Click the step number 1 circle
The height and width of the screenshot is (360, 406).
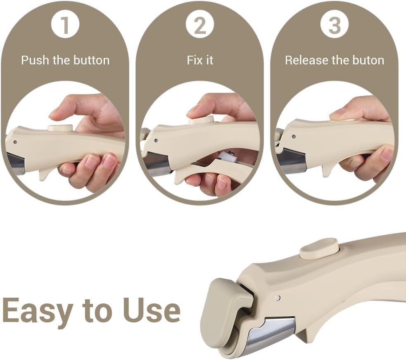click(x=65, y=26)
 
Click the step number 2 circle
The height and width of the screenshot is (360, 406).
click(x=200, y=26)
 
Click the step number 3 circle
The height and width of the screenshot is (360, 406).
click(x=335, y=26)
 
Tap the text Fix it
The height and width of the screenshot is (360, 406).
click(x=200, y=60)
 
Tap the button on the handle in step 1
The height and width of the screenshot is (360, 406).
click(x=60, y=128)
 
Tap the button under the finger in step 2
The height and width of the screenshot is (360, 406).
click(x=201, y=120)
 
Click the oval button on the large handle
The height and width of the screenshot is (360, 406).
click(x=319, y=249)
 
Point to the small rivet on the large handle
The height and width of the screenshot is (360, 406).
click(x=278, y=298)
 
